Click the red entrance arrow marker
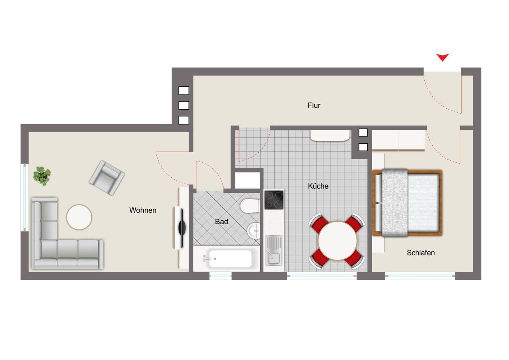(x=442, y=58)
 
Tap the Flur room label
(x=314, y=105)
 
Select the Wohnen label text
(x=143, y=210)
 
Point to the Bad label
(x=221, y=222)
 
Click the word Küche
(x=318, y=186)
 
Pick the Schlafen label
(x=421, y=253)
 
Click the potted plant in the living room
(x=42, y=175)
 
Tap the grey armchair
(x=107, y=178)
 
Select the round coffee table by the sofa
(x=79, y=217)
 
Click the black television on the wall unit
(x=181, y=227)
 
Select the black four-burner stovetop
(x=274, y=200)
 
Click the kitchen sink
(x=274, y=250)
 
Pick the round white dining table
(x=337, y=241)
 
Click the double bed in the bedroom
(x=407, y=203)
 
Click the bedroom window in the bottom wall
(x=420, y=276)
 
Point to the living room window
(x=25, y=197)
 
